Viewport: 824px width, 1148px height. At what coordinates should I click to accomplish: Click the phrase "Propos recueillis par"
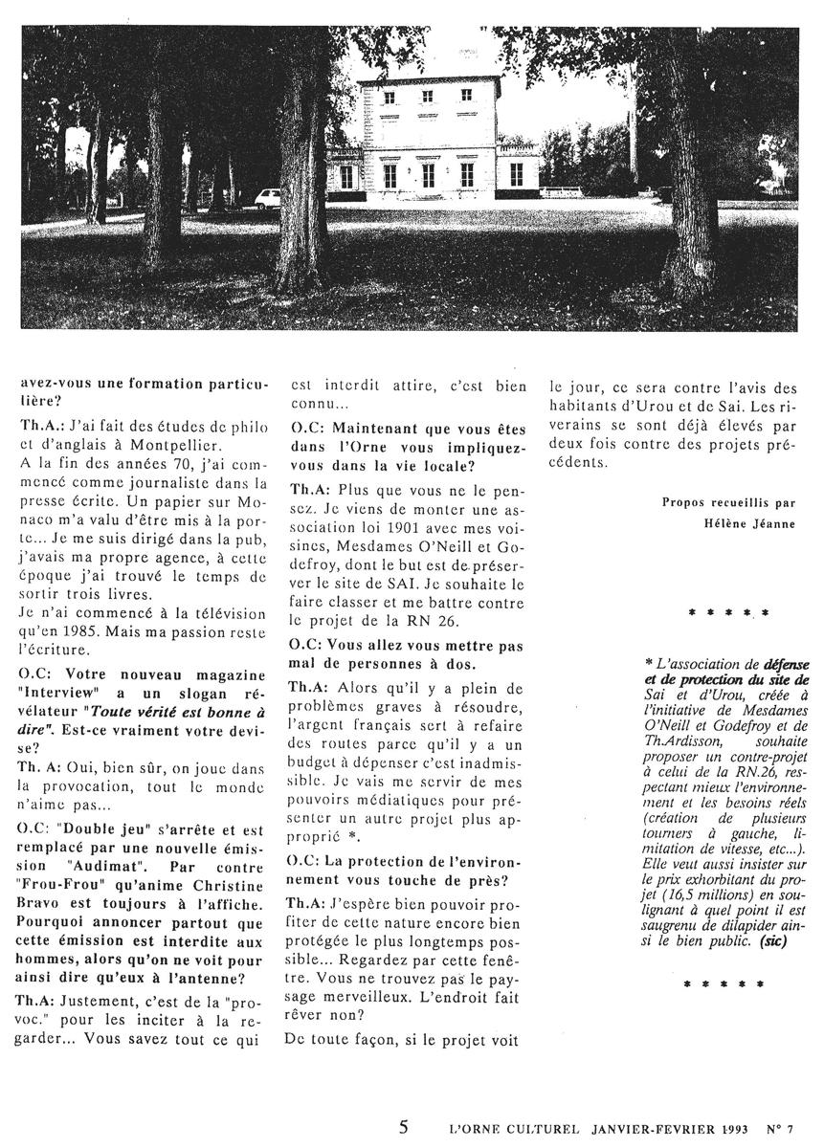715,502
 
